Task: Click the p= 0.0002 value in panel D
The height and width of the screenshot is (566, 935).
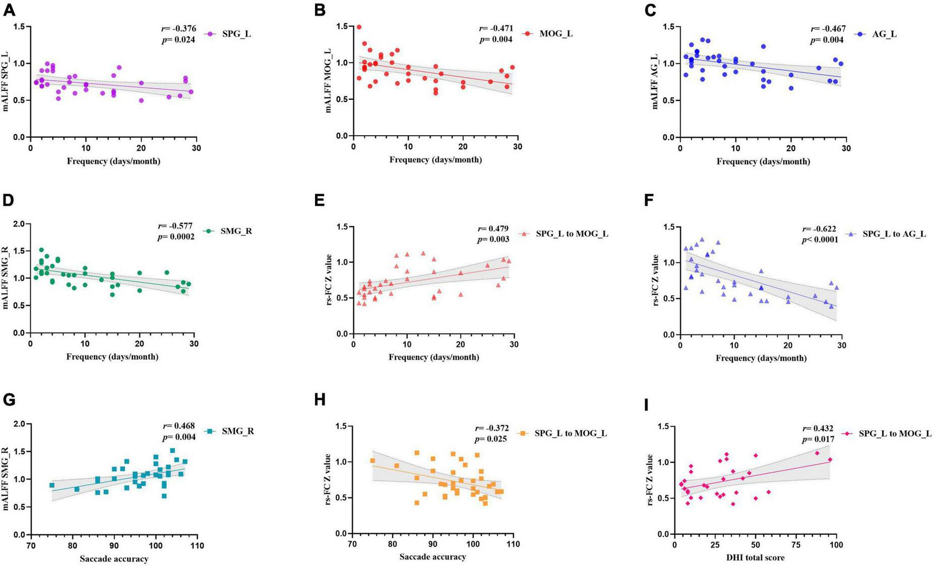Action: click(x=176, y=237)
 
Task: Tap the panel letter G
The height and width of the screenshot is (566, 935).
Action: click(x=9, y=400)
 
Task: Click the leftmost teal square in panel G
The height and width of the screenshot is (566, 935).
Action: click(x=52, y=485)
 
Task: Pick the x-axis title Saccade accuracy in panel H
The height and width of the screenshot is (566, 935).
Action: click(x=432, y=556)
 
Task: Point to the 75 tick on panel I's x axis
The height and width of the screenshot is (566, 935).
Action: click(x=796, y=545)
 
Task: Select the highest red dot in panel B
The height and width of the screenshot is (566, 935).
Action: click(x=359, y=27)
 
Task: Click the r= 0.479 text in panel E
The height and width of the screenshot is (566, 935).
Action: click(x=493, y=229)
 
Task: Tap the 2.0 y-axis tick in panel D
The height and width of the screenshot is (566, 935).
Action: click(x=18, y=224)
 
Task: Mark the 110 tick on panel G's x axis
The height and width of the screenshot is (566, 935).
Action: click(x=197, y=545)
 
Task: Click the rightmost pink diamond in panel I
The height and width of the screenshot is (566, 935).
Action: click(x=830, y=460)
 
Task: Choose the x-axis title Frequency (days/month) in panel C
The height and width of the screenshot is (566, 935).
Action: click(x=762, y=161)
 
